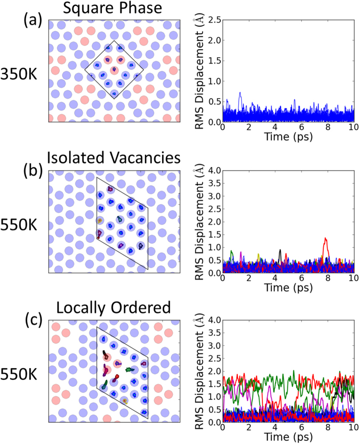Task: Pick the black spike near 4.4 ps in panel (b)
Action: (x=280, y=250)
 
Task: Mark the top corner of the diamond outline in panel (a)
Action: (x=114, y=41)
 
